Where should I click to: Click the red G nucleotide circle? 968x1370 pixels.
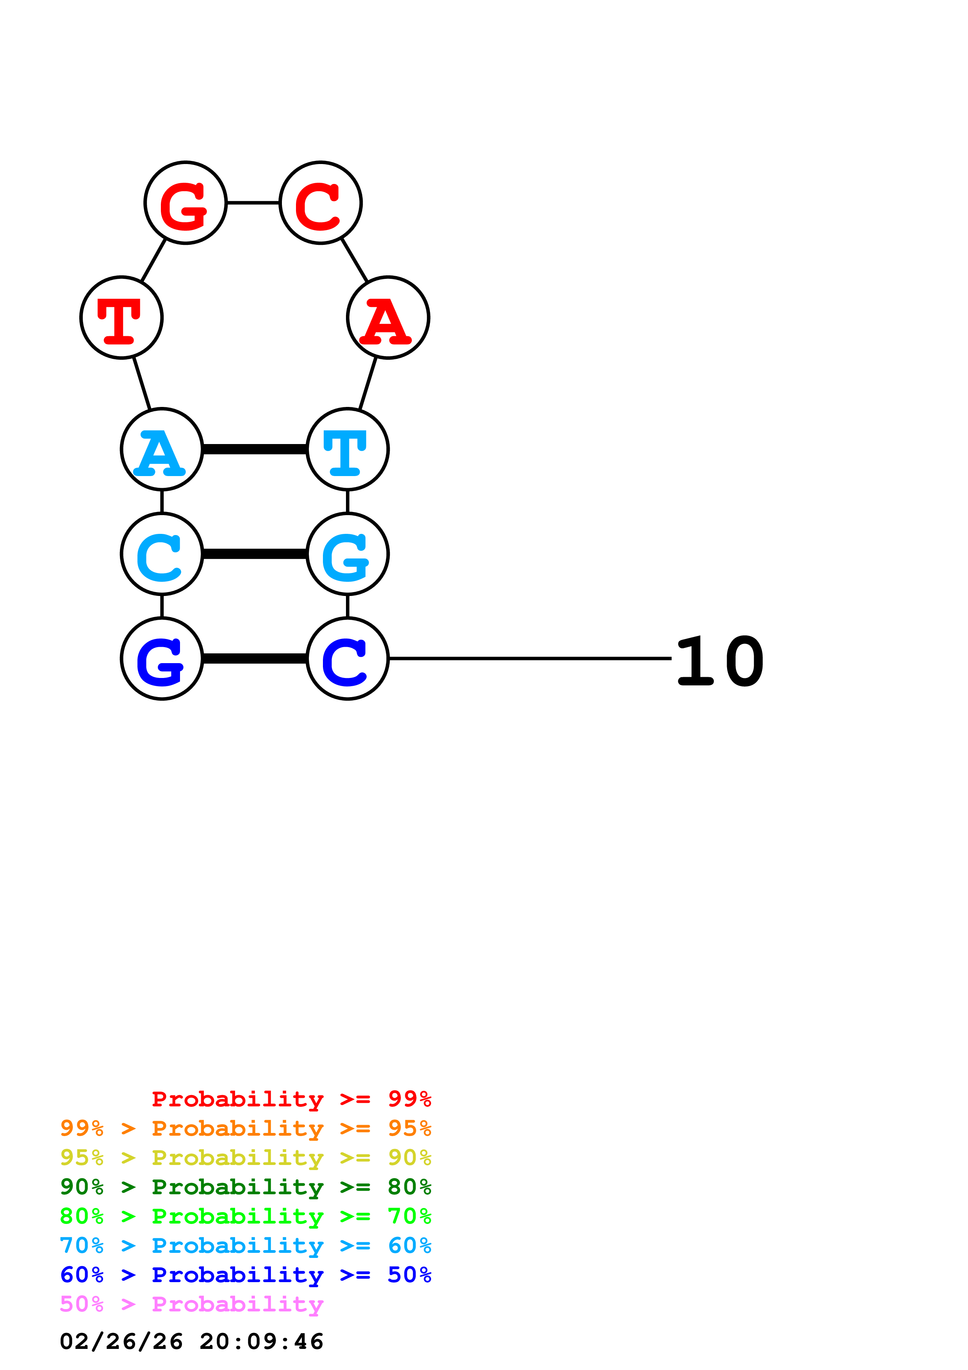185,203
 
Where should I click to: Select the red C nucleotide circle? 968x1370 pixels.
321,203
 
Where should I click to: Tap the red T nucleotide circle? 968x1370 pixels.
122,318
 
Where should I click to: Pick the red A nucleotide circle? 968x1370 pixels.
388,318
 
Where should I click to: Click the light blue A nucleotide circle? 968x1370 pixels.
162,449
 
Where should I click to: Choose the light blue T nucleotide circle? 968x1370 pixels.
348,449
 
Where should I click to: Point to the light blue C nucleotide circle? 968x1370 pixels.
162,554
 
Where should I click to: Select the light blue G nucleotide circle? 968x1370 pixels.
348,554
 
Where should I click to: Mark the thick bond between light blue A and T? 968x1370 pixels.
255,449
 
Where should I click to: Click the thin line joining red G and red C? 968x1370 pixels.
253,203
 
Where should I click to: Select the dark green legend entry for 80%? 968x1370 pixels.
245,1187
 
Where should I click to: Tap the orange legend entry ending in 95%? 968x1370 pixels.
245,1128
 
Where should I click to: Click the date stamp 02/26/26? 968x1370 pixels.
121,1341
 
